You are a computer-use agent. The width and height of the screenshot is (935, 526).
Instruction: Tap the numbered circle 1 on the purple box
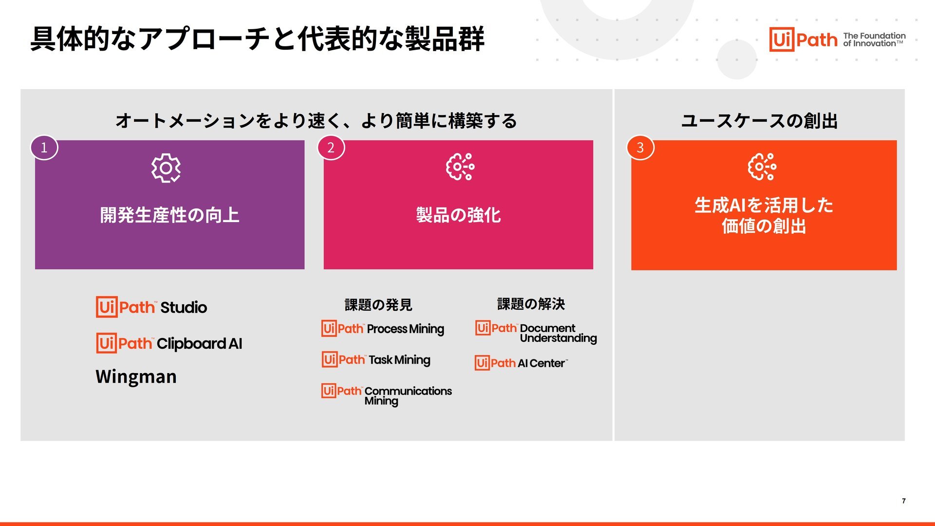click(x=44, y=148)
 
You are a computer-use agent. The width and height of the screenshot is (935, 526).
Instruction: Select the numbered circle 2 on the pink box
click(x=331, y=148)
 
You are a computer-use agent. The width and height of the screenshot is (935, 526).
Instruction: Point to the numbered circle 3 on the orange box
click(x=640, y=148)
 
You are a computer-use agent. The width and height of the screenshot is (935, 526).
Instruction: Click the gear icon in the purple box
click(x=166, y=168)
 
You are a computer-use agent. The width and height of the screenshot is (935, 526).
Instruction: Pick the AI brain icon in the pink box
click(x=460, y=167)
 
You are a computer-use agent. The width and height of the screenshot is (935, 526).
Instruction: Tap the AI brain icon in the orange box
click(x=762, y=167)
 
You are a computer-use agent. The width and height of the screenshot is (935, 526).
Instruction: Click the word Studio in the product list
click(x=184, y=307)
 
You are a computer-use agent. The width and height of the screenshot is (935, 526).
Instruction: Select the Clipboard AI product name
click(x=199, y=344)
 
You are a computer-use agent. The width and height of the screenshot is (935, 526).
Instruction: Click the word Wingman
click(x=136, y=376)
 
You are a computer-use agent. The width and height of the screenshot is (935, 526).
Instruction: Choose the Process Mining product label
click(x=406, y=329)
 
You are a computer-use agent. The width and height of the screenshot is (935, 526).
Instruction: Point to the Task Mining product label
click(x=399, y=360)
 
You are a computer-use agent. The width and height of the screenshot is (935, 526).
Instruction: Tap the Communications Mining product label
click(x=408, y=396)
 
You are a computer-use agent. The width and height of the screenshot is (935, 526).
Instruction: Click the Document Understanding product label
click(x=558, y=333)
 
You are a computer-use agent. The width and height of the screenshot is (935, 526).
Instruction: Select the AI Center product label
click(x=542, y=363)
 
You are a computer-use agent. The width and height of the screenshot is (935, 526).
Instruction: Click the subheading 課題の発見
click(x=378, y=305)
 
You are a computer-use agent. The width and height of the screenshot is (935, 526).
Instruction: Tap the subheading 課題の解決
click(x=531, y=304)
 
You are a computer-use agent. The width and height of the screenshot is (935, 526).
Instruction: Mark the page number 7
click(x=904, y=501)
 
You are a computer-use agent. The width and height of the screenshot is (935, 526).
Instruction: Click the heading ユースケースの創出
click(x=759, y=121)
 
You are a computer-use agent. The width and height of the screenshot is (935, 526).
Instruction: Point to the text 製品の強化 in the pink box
click(x=458, y=215)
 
